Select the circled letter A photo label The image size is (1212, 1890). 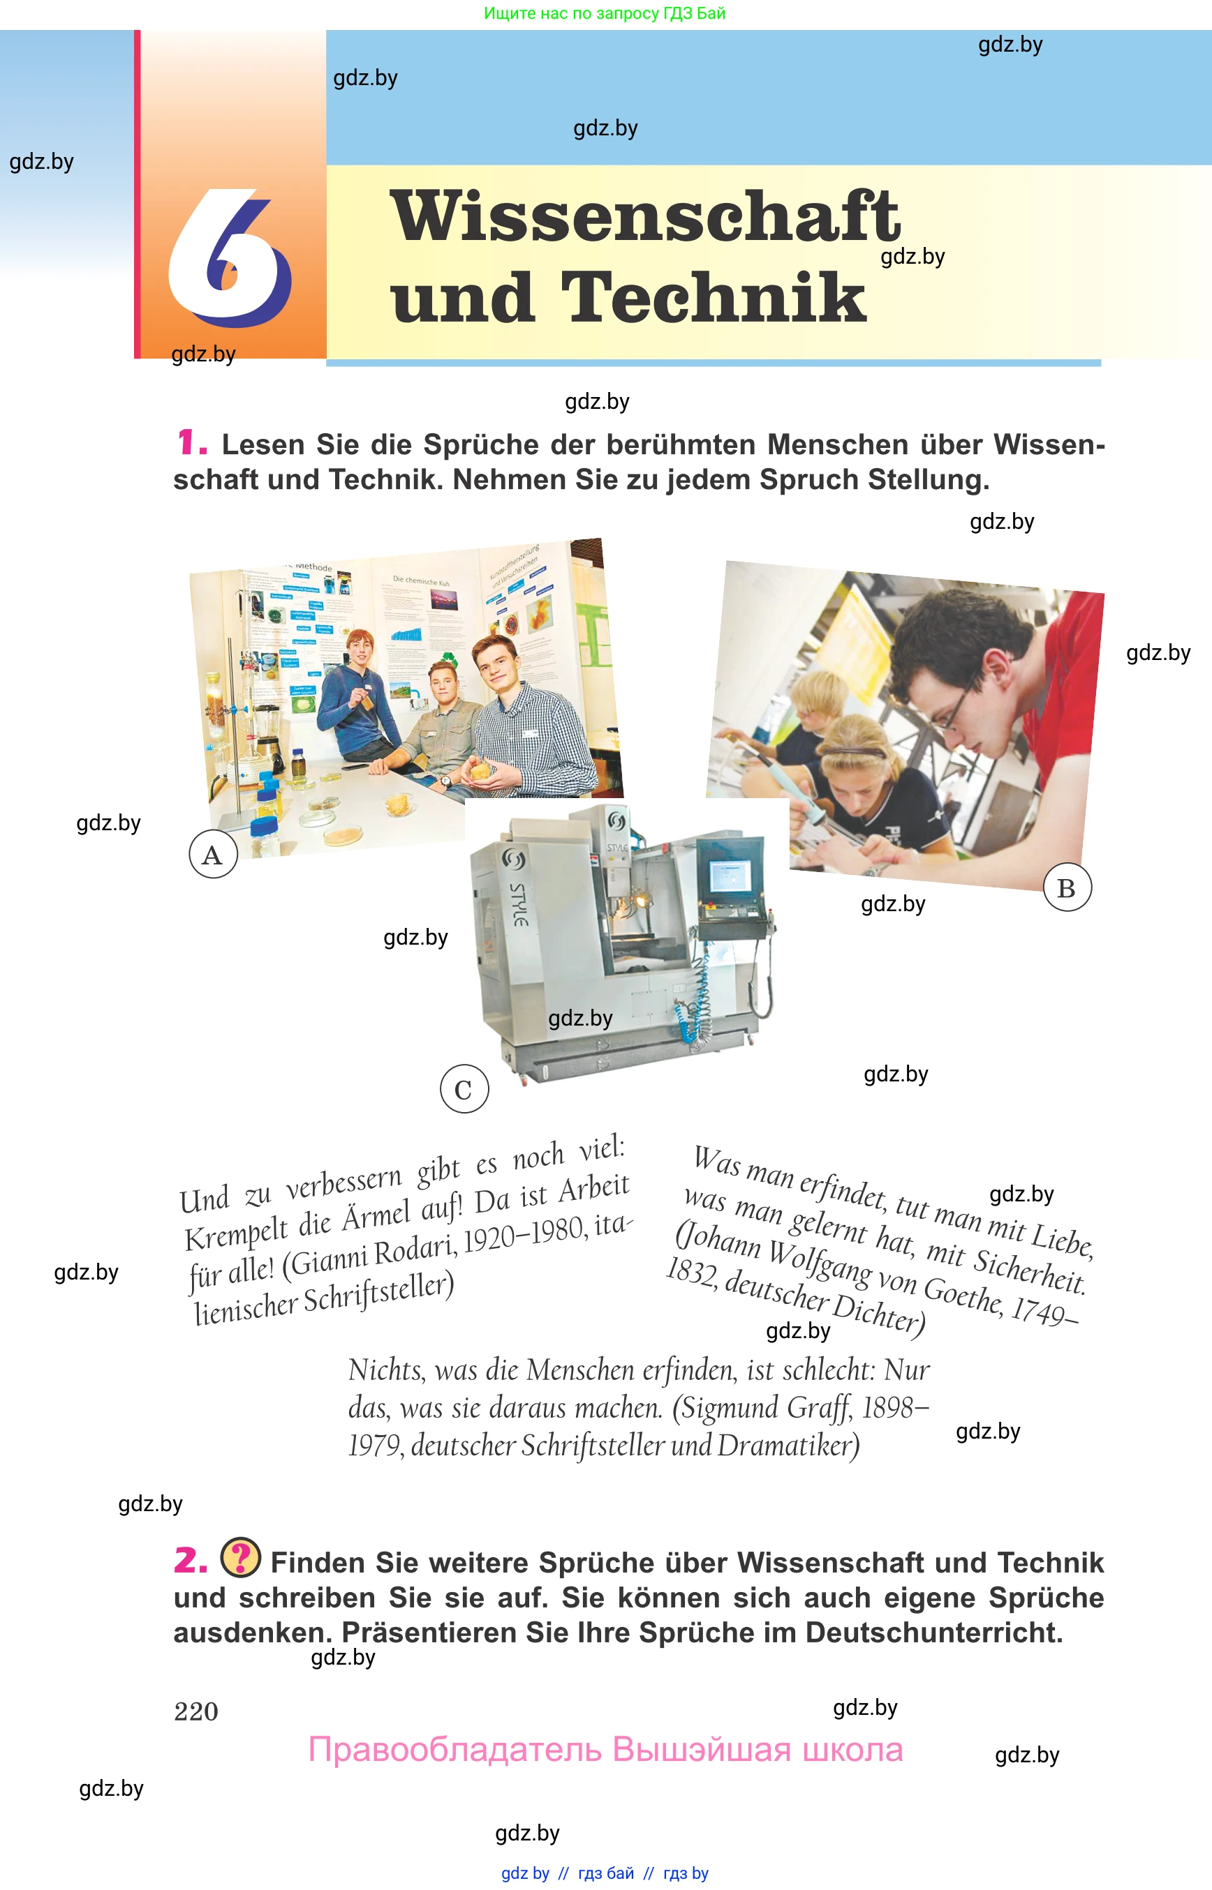pos(212,854)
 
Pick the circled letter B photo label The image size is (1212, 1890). pos(1067,888)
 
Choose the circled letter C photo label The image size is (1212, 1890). pos(464,1088)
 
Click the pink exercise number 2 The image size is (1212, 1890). pos(191,1560)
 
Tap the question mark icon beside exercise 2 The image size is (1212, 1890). pos(241,1557)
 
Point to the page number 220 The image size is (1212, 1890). pos(196,1711)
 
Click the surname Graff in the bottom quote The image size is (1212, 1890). pos(818,1408)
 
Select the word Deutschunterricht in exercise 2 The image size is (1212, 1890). pos(934,1633)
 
